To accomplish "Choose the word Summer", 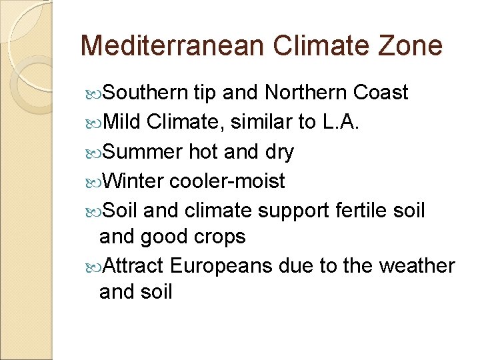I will pyautogui.click(x=142, y=152).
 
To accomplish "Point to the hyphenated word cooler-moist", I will pyautogui.click(x=228, y=181).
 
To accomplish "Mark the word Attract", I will pyautogui.click(x=134, y=266).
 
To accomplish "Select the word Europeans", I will pyautogui.click(x=221, y=267).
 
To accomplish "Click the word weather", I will pyautogui.click(x=417, y=266).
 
